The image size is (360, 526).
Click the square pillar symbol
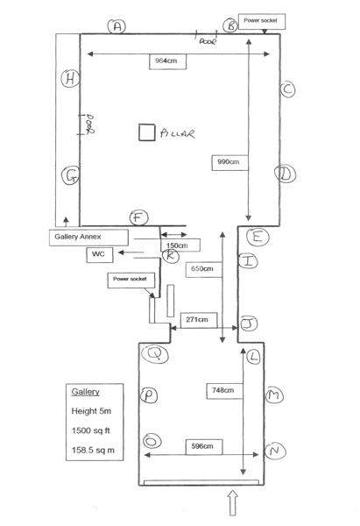tap(147, 132)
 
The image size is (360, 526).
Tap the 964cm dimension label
tap(167, 61)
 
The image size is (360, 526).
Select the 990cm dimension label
tap(229, 162)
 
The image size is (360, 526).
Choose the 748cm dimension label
tap(224, 391)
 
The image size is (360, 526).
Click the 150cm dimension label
tap(180, 245)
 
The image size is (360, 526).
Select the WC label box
tap(100, 254)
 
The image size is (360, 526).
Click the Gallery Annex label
tap(88, 238)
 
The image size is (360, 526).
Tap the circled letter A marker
tap(116, 26)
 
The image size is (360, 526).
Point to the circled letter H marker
tap(70, 79)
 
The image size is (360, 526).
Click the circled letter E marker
tap(258, 237)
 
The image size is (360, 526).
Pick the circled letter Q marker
tap(154, 354)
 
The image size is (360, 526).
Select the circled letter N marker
tap(275, 451)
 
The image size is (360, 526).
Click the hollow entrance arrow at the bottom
tap(233, 502)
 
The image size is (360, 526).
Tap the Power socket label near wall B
tap(262, 21)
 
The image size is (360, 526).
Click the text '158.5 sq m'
tap(93, 451)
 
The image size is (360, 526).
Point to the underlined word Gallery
tap(86, 392)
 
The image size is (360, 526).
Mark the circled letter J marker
tap(249, 323)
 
